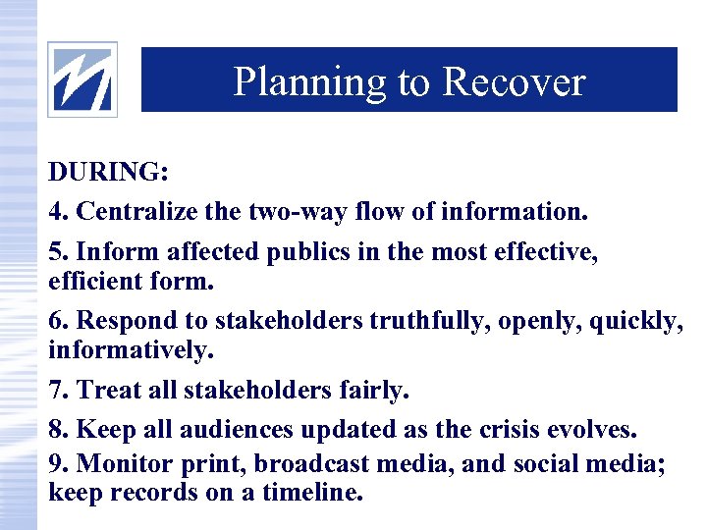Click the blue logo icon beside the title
click(x=82, y=79)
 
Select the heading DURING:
click(x=109, y=173)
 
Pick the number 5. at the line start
click(x=59, y=252)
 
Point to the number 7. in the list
click(x=59, y=390)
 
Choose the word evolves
click(x=588, y=431)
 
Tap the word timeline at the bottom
click(x=310, y=492)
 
